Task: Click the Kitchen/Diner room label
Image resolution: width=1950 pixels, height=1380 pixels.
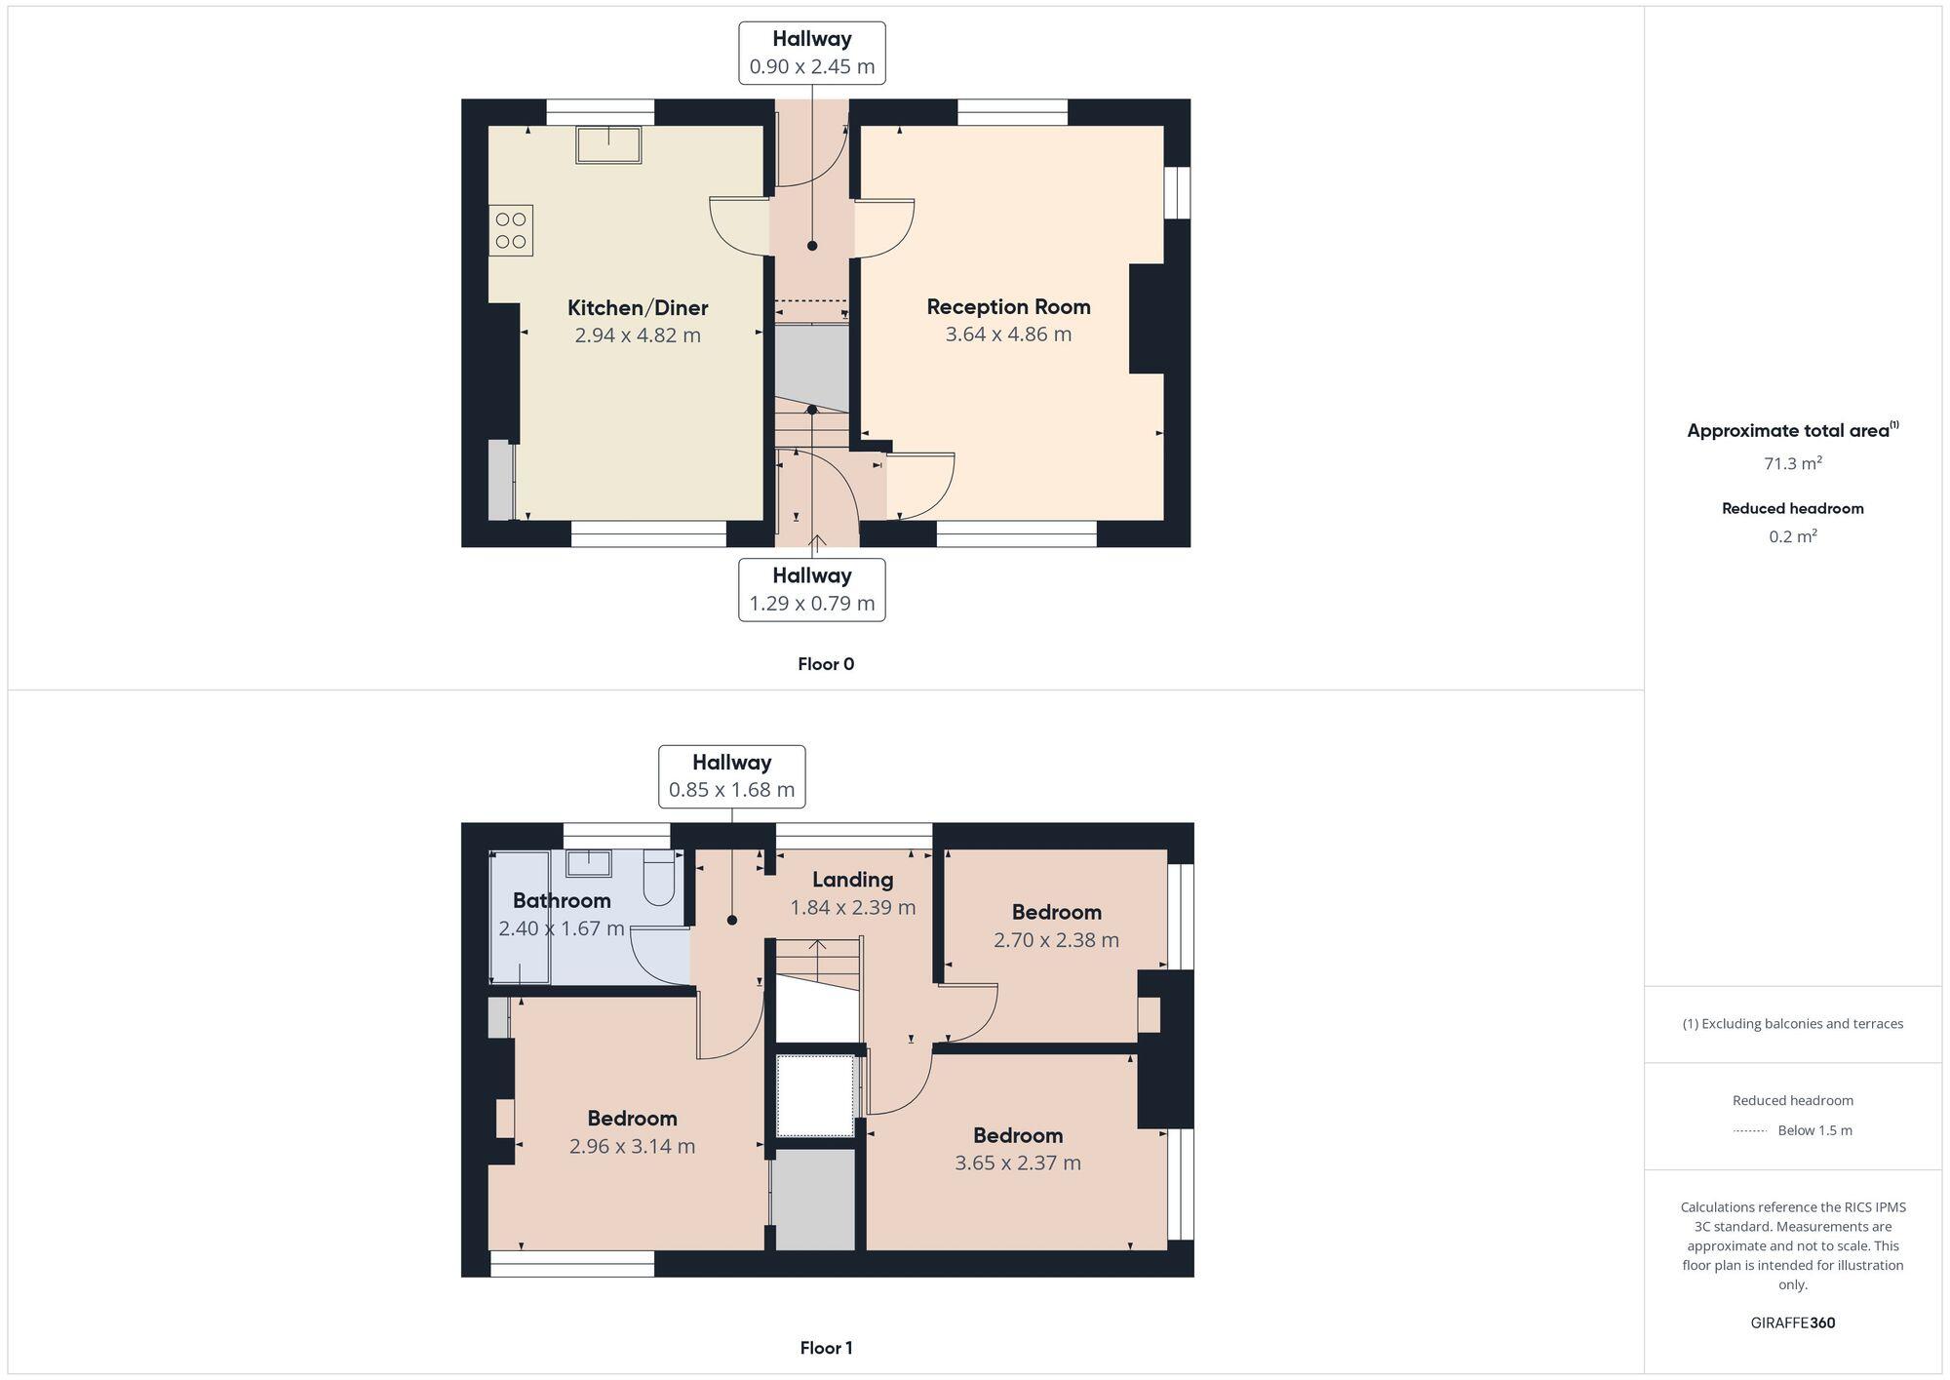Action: (x=638, y=308)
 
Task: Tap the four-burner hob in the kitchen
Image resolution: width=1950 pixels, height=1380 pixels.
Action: (x=511, y=231)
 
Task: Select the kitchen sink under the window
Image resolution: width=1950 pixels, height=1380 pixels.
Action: (x=608, y=145)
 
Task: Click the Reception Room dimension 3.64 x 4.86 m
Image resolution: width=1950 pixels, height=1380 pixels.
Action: (x=1008, y=335)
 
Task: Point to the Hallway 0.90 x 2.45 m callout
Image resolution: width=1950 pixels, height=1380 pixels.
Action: (x=811, y=53)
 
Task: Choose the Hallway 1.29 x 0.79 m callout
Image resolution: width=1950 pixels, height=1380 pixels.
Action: (x=811, y=589)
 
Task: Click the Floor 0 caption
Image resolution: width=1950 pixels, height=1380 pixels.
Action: (x=825, y=664)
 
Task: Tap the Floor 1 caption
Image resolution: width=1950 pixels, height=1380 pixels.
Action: (x=825, y=1348)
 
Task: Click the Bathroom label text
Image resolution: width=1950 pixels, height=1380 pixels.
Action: (x=562, y=900)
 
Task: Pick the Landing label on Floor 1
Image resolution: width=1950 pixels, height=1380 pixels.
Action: (x=852, y=880)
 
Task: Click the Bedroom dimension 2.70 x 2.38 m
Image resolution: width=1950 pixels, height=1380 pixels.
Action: (x=1056, y=940)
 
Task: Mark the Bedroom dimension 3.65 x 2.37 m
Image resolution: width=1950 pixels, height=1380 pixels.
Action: (x=1017, y=1163)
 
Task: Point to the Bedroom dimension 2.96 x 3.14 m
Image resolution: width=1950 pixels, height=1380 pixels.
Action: (x=632, y=1146)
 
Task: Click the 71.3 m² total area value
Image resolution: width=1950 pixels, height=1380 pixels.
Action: (x=1792, y=463)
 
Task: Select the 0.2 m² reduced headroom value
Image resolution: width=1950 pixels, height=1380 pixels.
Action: (x=1792, y=536)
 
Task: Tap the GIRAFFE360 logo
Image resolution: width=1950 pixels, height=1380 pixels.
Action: (x=1792, y=1323)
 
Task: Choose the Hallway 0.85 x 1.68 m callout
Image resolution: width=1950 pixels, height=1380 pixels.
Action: (x=731, y=776)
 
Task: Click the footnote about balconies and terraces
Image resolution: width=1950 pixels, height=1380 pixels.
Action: (x=1792, y=1024)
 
